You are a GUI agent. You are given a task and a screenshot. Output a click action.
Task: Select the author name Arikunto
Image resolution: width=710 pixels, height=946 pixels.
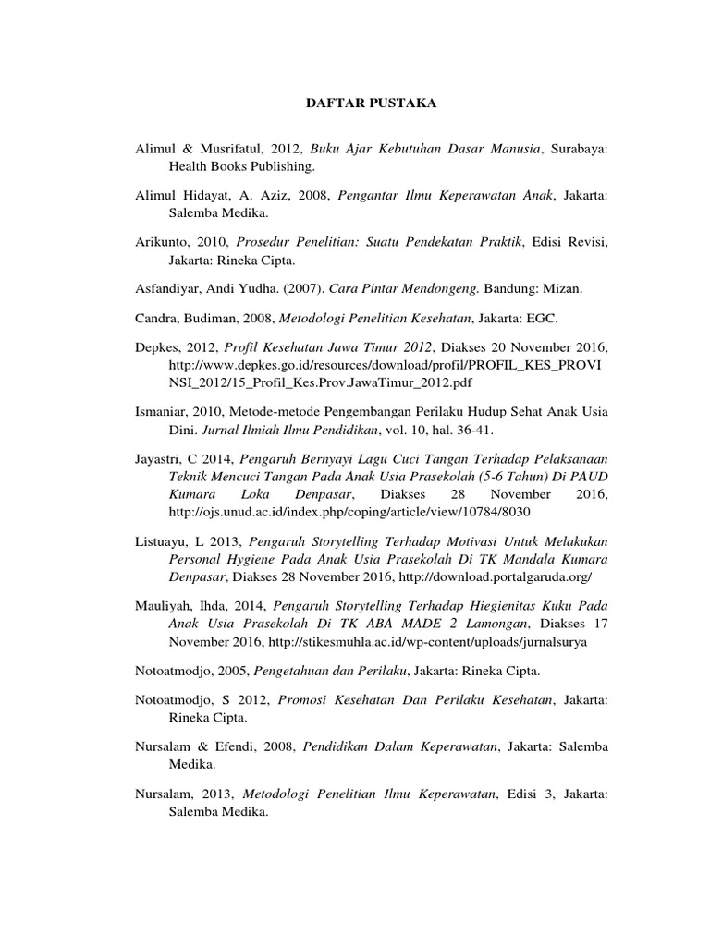pyautogui.click(x=164, y=242)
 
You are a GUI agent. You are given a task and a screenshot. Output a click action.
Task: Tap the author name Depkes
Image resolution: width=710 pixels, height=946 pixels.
pyautogui.click(x=158, y=347)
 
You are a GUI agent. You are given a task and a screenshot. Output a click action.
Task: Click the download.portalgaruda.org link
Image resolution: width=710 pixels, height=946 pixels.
pyautogui.click(x=496, y=577)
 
